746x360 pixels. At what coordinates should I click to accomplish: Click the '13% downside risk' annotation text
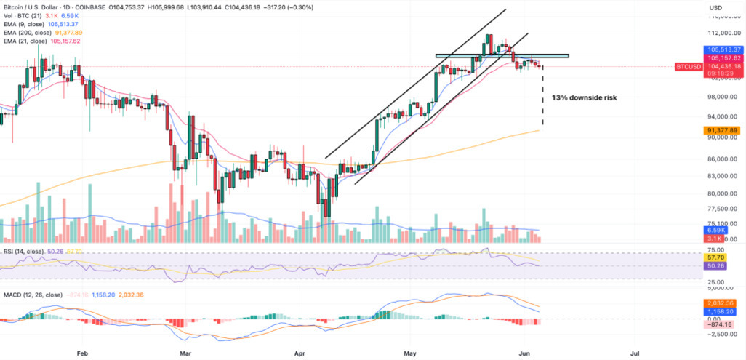[x=584, y=97]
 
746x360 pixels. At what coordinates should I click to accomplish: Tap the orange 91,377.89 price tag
[x=722, y=130]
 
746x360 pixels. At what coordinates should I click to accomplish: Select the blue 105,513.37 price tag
[x=722, y=49]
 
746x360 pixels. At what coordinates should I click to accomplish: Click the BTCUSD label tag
[x=688, y=66]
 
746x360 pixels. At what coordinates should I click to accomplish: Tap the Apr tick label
[x=297, y=352]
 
